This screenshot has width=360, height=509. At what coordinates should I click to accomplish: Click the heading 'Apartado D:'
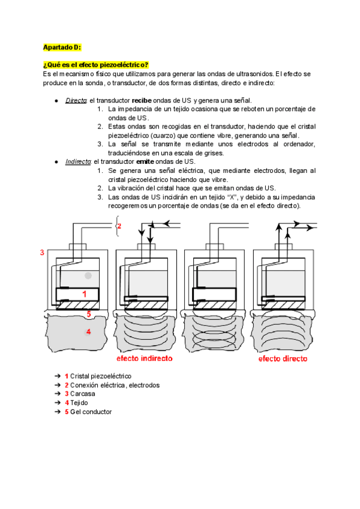(62, 47)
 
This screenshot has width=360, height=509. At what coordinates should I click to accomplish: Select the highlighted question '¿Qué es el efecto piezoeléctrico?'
(95, 65)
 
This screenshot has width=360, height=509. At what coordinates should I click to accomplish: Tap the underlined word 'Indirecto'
(78, 162)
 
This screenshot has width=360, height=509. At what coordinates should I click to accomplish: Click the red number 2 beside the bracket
(119, 226)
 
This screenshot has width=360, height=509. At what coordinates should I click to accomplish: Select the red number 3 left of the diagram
(42, 253)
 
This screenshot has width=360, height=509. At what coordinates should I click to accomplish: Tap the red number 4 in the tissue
(88, 331)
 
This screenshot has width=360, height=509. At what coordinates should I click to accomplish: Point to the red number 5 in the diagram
(88, 313)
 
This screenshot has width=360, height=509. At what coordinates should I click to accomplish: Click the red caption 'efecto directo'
(283, 359)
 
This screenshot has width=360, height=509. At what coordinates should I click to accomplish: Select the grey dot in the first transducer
(88, 276)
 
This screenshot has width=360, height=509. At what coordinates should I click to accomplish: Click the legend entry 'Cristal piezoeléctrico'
(100, 376)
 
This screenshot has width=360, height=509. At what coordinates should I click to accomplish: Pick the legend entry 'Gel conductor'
(91, 412)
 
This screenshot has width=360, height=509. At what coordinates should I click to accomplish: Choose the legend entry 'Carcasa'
(83, 394)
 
